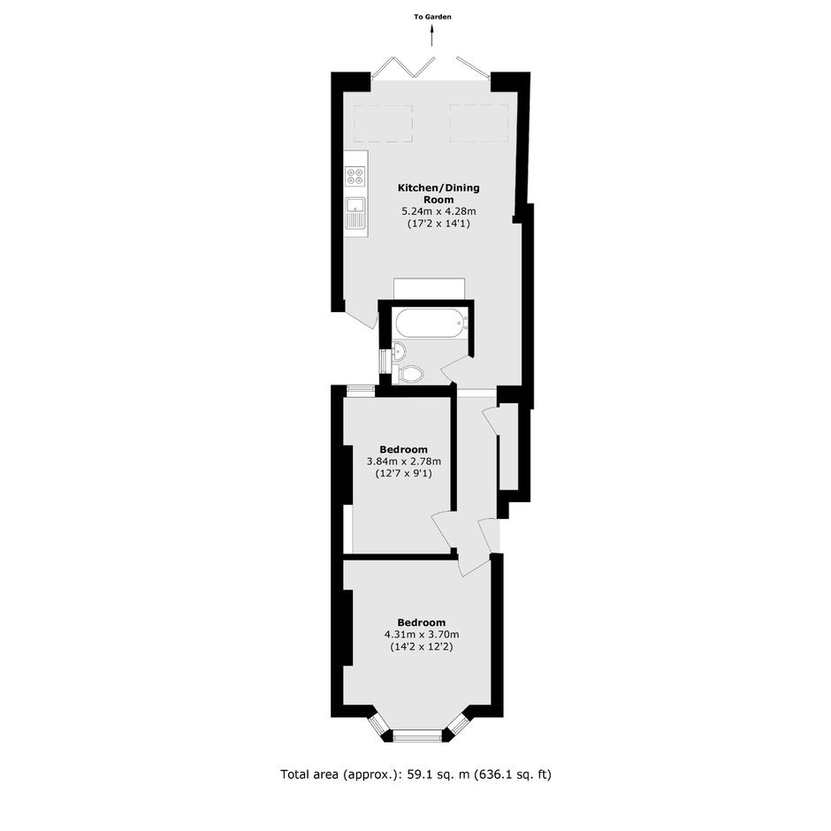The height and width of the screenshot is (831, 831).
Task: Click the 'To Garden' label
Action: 432,17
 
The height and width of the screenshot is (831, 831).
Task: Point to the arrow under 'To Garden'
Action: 432,36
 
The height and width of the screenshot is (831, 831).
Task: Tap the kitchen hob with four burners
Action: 355,176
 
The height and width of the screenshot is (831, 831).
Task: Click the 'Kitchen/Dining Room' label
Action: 438,194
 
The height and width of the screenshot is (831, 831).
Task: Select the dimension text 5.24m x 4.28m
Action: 438,211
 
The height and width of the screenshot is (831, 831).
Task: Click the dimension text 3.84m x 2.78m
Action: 404,461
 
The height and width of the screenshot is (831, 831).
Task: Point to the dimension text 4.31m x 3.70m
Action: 422,634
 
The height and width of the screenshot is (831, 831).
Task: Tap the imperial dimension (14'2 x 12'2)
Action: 422,646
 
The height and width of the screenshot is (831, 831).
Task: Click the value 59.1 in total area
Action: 416,774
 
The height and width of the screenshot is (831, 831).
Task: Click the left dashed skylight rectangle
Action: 383,124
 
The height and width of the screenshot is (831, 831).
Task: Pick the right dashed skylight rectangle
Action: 479,124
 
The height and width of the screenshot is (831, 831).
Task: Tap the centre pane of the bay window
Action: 417,735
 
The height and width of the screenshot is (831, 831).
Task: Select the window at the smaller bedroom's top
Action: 361,391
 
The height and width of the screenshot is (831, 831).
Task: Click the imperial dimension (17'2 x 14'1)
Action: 438,224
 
